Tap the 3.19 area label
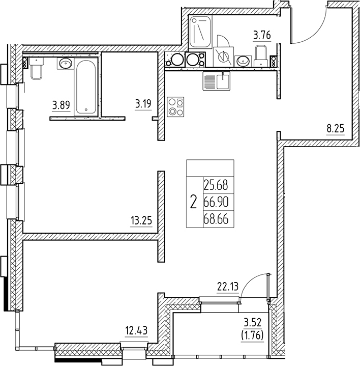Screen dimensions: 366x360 (x=143, y=106)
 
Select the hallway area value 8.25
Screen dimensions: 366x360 (x=336, y=129)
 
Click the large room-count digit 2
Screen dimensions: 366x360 (x=193, y=203)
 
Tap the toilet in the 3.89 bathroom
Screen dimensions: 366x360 (x=36, y=68)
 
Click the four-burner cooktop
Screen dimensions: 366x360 (x=176, y=106)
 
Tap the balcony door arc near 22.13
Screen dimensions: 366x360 (x=253, y=288)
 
